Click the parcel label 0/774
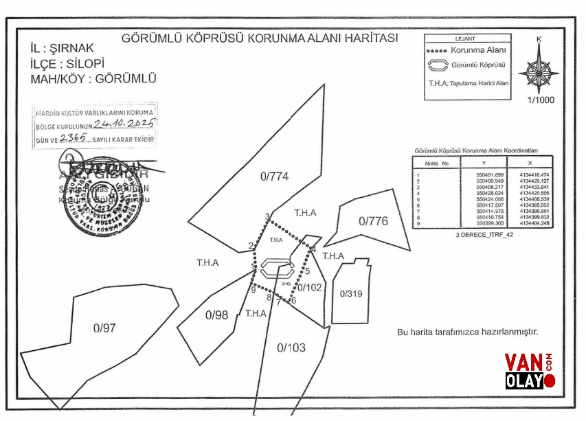coord(274,177)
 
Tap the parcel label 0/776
coord(374,221)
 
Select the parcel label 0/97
coord(104,328)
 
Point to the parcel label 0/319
coord(350,293)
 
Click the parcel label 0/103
coord(291,348)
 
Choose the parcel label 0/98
coord(216,315)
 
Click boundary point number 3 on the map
coord(267,217)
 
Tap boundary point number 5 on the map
coord(307,271)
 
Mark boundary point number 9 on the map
coord(253,290)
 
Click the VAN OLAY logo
coord(530,371)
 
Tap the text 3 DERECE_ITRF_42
coord(484,235)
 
